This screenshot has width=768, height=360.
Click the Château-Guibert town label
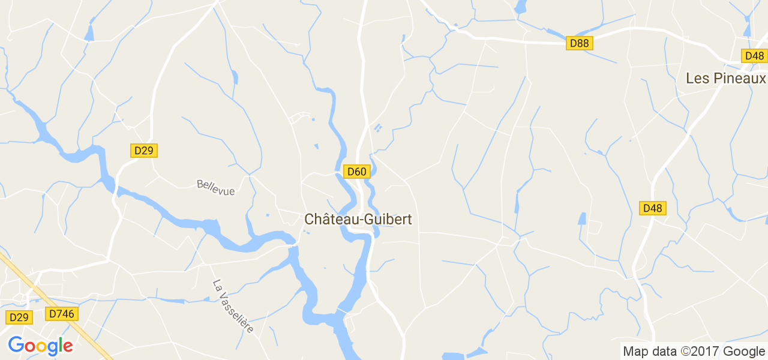click(x=358, y=220)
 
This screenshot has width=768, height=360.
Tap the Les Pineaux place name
click(x=726, y=79)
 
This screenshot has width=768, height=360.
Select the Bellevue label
click(x=216, y=187)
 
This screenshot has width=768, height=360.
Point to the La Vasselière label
click(x=233, y=306)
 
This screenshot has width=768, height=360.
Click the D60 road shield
click(x=356, y=172)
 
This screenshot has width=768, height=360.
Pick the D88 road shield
click(x=580, y=43)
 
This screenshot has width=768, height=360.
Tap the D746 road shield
click(x=62, y=313)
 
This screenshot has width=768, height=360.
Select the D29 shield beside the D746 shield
click(x=19, y=317)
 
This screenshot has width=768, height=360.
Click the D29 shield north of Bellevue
click(x=143, y=151)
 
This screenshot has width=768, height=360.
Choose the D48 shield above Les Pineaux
click(x=754, y=56)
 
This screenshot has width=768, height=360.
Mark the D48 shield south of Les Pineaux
click(x=652, y=208)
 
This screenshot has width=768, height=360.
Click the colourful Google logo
click(x=40, y=346)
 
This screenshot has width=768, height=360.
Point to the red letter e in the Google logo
click(x=67, y=347)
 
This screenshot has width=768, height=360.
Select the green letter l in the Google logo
click(x=59, y=345)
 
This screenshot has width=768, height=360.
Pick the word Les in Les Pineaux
click(x=698, y=79)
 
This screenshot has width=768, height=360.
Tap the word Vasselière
click(x=236, y=311)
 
